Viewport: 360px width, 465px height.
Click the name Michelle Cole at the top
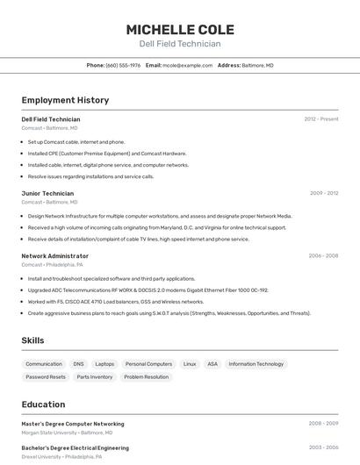[180, 29]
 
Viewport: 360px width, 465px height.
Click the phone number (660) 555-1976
[123, 65]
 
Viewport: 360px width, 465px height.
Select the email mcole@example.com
[188, 65]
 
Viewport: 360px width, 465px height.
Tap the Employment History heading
[65, 100]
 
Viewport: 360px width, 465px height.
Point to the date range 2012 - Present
[321, 118]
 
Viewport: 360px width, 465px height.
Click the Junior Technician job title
[47, 193]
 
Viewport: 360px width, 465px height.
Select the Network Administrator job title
[54, 255]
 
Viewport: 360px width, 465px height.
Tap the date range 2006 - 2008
[323, 255]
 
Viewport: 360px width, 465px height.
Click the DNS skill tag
[79, 363]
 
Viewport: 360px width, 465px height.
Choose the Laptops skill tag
[104, 363]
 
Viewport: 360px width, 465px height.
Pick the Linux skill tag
[190, 363]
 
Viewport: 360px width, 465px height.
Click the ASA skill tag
[212, 363]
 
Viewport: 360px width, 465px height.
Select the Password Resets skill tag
[46, 376]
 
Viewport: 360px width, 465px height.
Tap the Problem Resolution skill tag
[146, 376]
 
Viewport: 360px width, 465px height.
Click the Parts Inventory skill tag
[95, 376]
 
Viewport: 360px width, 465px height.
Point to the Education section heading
[43, 404]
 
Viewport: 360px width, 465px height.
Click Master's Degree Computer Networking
[73, 423]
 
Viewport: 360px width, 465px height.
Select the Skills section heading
[32, 340]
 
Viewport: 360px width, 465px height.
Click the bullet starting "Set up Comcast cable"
[76, 141]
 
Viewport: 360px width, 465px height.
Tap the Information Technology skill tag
[256, 363]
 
